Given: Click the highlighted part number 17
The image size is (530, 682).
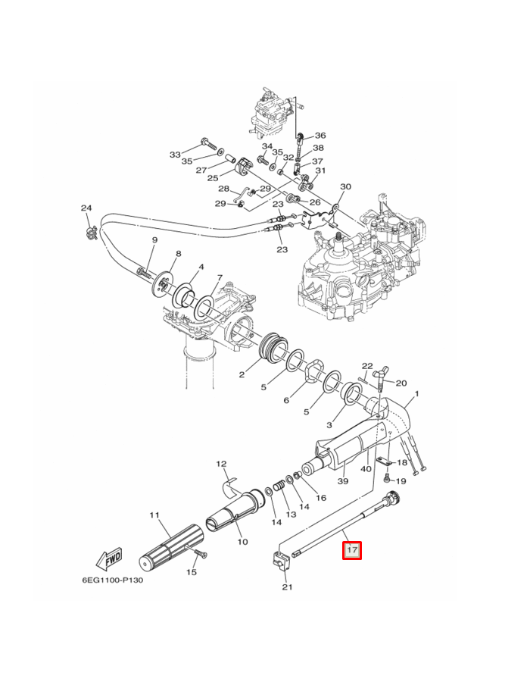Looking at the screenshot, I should pyautogui.click(x=353, y=550).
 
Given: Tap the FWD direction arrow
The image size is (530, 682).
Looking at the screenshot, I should pyautogui.click(x=110, y=559).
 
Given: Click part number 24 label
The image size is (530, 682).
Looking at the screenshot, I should pyautogui.click(x=86, y=208).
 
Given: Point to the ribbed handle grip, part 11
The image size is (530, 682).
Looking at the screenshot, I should pyautogui.click(x=171, y=549).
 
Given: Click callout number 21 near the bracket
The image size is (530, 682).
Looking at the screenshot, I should pyautogui.click(x=286, y=587).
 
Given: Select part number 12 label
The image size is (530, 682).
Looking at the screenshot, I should pyautogui.click(x=222, y=464).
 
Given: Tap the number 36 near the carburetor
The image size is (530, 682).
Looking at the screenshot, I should pyautogui.click(x=320, y=135).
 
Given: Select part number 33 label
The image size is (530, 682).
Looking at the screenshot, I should pyautogui.click(x=176, y=155).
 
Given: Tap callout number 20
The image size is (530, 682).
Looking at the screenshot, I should pyautogui.click(x=401, y=383).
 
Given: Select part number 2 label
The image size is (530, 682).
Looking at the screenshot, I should pyautogui.click(x=242, y=374).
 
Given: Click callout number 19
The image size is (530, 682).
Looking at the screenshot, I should pyautogui.click(x=401, y=481).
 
